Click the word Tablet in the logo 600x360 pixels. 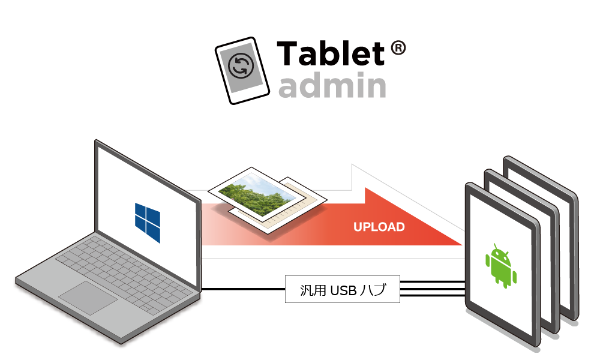tap(330, 54)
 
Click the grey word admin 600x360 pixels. tap(332, 86)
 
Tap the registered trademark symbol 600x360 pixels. tap(398, 49)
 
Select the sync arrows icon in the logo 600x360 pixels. tap(242, 66)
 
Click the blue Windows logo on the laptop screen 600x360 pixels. tap(148, 221)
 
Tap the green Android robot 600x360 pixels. tap(501, 265)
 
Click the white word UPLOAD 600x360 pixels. tap(379, 227)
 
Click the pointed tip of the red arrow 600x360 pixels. tap(459, 243)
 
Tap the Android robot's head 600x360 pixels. tap(501, 251)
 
